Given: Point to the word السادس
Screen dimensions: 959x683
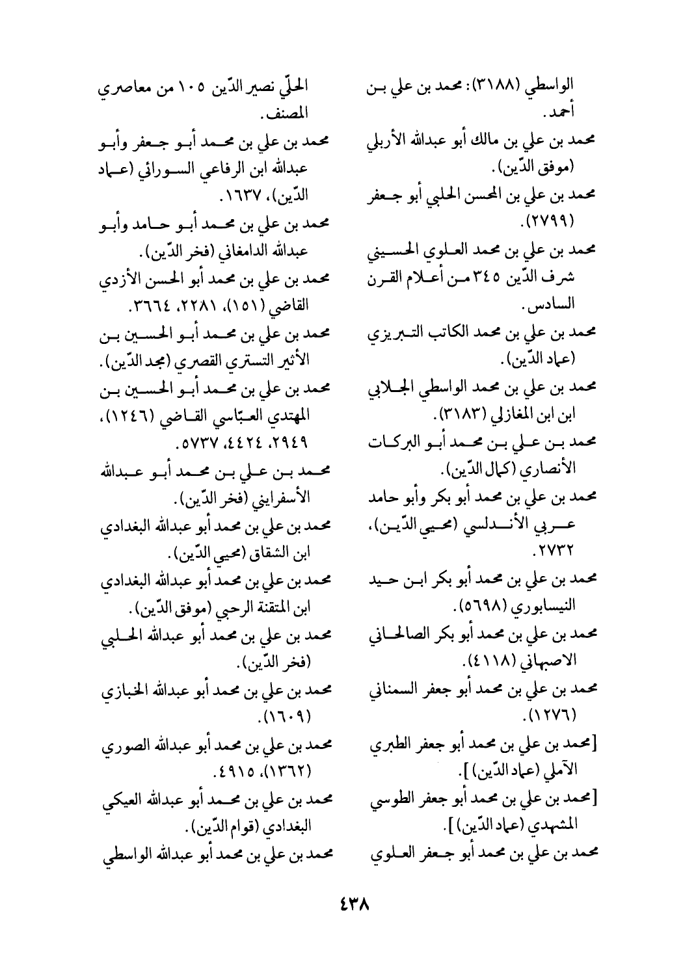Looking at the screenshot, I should tap(550, 304).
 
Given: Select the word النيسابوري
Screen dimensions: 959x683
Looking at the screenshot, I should tap(541, 607).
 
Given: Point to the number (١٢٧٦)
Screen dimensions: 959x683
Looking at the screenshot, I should tap(557, 715).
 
